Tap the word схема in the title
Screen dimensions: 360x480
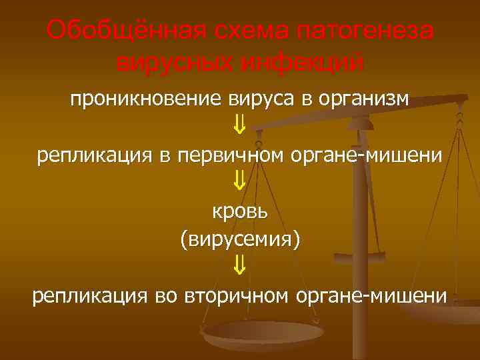point(248,30)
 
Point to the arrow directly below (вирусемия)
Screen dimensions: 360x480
point(240,267)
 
